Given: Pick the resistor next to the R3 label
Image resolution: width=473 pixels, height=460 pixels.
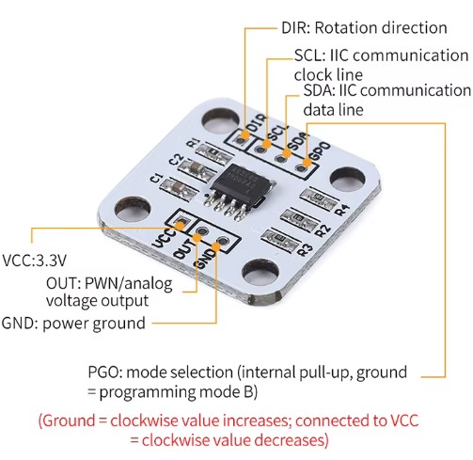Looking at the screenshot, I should tap(277, 239).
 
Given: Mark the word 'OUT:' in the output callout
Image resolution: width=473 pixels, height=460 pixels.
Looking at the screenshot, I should tap(64, 283).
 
